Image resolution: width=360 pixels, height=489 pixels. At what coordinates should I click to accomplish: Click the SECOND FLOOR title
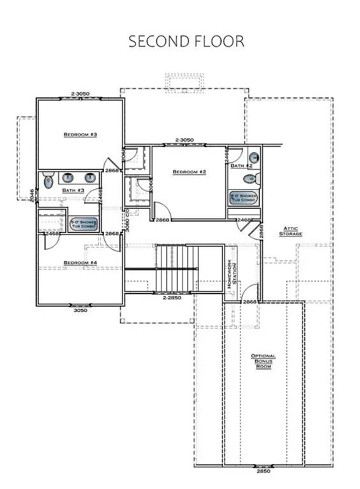pos(186,41)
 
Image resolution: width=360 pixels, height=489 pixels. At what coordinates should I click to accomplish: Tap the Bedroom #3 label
pos(80,134)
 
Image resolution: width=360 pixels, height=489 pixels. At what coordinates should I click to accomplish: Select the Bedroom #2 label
pos(189,172)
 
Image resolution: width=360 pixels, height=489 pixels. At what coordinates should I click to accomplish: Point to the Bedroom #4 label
pos(80,262)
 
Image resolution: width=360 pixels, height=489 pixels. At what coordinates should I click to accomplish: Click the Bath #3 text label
pos(73,190)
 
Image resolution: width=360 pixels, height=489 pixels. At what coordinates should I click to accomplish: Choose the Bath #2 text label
pos(241,166)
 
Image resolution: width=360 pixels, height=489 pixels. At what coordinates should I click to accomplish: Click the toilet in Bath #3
pos(48,181)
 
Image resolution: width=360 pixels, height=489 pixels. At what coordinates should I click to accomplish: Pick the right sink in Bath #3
pos(90,178)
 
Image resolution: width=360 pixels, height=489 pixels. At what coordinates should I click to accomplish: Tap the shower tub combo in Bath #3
pos(82,224)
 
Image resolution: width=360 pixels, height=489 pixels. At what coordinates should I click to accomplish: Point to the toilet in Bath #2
pos(254,157)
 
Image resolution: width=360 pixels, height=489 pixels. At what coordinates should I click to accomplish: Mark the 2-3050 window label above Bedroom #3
pos(80,94)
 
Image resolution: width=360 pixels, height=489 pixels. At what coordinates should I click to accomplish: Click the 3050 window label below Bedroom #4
pos(80,311)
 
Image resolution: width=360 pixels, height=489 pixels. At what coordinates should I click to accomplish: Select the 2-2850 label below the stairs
pos(172,297)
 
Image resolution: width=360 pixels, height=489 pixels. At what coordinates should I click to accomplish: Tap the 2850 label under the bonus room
pos(263,471)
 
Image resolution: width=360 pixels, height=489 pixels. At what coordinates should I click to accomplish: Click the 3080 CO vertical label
pos(127,220)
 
